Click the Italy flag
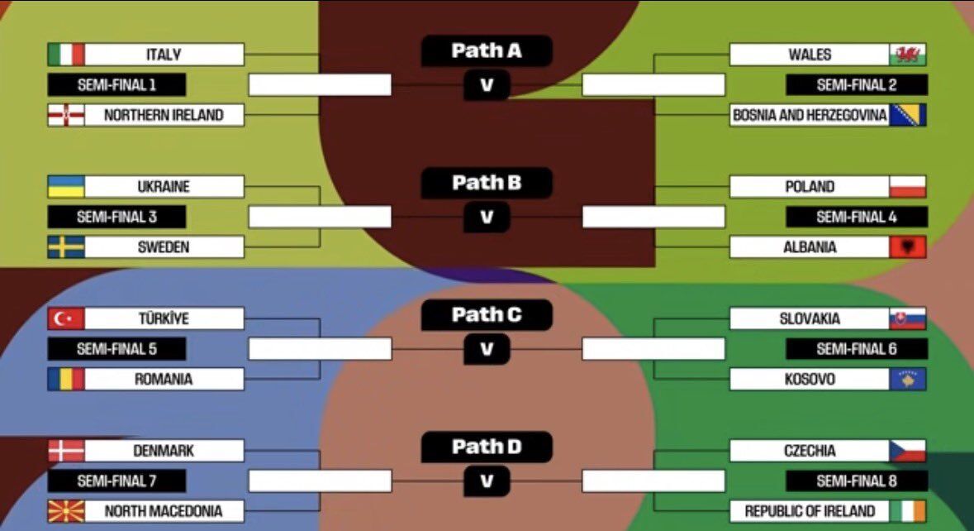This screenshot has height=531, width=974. [x=66, y=55]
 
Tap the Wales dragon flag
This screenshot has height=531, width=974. [x=907, y=55]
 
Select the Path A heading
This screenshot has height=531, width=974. [x=487, y=51]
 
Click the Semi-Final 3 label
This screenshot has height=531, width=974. [x=116, y=217]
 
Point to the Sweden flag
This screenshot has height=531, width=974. [x=66, y=247]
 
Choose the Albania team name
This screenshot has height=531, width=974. [x=810, y=247]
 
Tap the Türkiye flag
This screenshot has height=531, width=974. [x=66, y=319]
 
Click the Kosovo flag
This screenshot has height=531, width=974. [x=907, y=380]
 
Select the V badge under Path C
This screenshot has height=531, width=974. [x=487, y=349]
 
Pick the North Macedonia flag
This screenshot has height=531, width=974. [x=66, y=511]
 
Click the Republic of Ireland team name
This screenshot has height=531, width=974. [x=810, y=511]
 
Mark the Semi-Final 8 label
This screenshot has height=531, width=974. [x=856, y=481]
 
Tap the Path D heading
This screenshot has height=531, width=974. [x=487, y=447]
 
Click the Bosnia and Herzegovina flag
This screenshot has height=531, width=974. [x=907, y=115]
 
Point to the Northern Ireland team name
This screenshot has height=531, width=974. [x=164, y=115]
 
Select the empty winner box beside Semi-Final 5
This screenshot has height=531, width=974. [x=320, y=349]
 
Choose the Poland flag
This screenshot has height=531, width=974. [x=907, y=187]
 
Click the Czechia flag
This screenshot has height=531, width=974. [x=907, y=451]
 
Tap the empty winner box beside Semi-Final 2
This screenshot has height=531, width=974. [x=653, y=84]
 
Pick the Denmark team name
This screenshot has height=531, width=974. [x=164, y=451]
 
